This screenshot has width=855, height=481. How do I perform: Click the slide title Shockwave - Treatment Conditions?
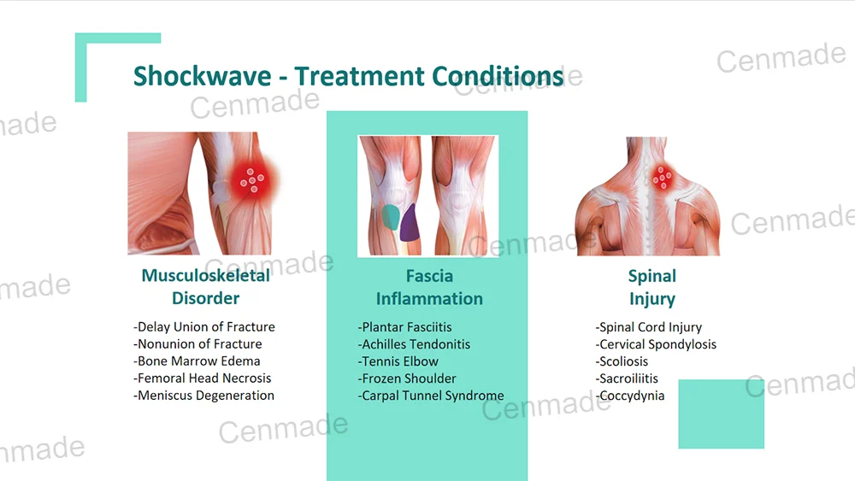(x=348, y=76)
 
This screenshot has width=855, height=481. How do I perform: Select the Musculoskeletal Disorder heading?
(x=205, y=287)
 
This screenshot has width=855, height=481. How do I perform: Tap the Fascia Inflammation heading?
(x=429, y=287)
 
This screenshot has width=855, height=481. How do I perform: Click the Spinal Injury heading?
(x=652, y=287)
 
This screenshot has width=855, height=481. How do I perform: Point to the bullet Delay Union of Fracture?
(x=204, y=327)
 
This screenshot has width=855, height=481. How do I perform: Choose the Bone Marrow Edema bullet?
(x=198, y=361)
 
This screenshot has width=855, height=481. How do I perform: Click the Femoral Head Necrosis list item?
(x=203, y=378)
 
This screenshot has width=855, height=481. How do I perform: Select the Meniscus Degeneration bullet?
(x=204, y=396)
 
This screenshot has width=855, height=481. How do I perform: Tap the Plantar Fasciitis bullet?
(x=405, y=327)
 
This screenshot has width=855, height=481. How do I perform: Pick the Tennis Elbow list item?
(x=398, y=361)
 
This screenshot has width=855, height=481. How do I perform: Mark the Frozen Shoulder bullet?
(x=407, y=378)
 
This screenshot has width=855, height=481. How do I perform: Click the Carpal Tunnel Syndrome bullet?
(x=431, y=396)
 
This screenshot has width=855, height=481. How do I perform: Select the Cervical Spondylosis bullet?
(x=657, y=344)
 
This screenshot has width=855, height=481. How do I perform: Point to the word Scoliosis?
(x=624, y=361)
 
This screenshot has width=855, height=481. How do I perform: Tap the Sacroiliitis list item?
(x=628, y=378)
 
